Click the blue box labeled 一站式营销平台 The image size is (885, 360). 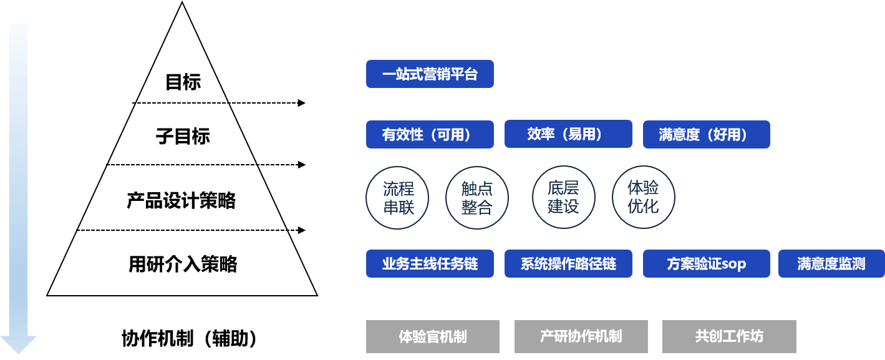click(430, 74)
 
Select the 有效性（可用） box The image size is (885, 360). click(430, 134)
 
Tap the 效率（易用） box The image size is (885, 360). click(568, 134)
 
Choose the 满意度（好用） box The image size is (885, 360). click(706, 134)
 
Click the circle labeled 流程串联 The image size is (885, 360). click(399, 198)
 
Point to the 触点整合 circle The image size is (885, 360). click(477, 198)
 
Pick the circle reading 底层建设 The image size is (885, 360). click(563, 197)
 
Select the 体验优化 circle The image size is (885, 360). click(643, 197)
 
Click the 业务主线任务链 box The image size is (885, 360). click(430, 263)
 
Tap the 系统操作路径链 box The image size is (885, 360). click(568, 263)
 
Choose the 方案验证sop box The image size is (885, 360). click(706, 263)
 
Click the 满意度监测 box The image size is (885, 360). click(831, 263)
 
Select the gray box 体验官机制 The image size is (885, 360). click(433, 336)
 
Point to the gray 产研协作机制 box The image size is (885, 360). click(581, 336)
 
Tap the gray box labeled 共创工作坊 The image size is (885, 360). click(729, 336)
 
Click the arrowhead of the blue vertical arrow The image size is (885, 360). click(18, 344)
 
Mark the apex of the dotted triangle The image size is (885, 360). click(183, 5)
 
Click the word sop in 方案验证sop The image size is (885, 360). click(733, 264)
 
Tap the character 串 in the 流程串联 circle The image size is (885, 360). click(390, 207)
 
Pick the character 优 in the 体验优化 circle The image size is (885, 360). click(635, 207)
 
